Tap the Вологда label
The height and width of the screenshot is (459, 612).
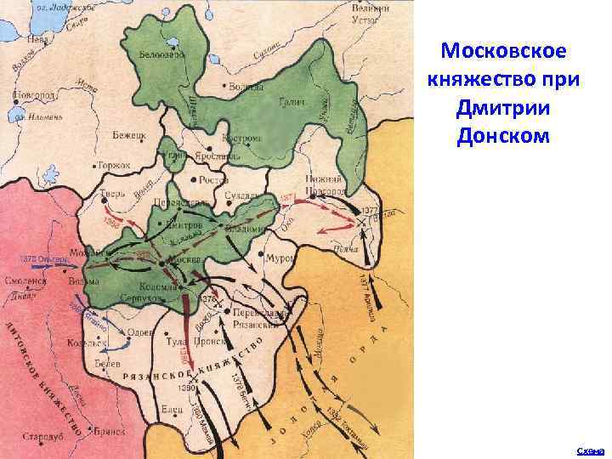[246, 87]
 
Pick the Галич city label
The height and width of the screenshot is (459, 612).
[292, 100]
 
